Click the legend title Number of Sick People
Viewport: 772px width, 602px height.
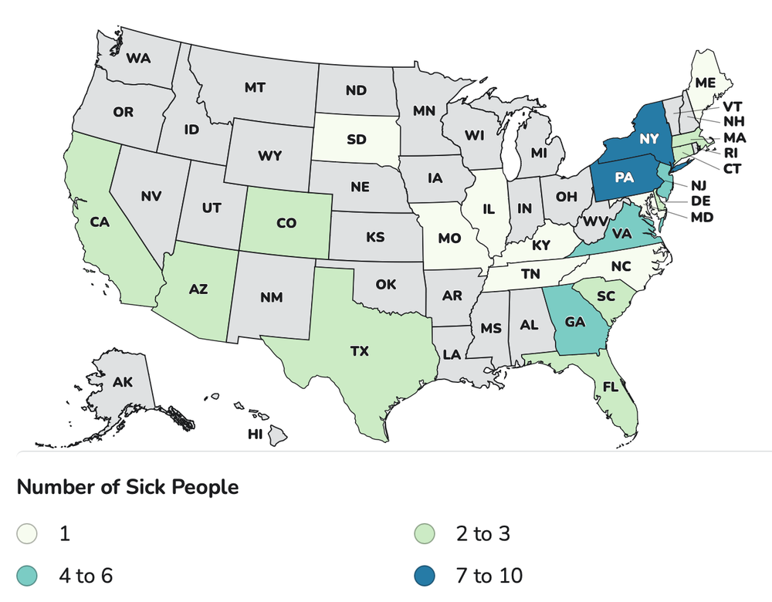pyautogui.click(x=127, y=488)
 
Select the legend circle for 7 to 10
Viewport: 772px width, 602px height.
pyautogui.click(x=424, y=575)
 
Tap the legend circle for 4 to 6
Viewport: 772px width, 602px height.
pyautogui.click(x=28, y=575)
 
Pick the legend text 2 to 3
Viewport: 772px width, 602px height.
pyautogui.click(x=482, y=533)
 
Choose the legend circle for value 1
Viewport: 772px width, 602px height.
pyautogui.click(x=28, y=533)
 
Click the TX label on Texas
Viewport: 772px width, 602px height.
pyautogui.click(x=360, y=351)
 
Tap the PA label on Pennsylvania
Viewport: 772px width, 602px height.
pyautogui.click(x=625, y=178)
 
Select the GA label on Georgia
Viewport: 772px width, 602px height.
pyautogui.click(x=574, y=322)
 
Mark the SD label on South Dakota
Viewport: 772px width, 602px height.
pyautogui.click(x=356, y=140)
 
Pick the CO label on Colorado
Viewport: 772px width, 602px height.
pyautogui.click(x=286, y=224)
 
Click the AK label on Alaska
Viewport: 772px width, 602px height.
pyautogui.click(x=122, y=382)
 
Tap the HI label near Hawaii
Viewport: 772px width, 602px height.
pyautogui.click(x=255, y=435)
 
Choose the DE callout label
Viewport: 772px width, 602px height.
pyautogui.click(x=700, y=201)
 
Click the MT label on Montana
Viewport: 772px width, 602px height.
pyautogui.click(x=255, y=88)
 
